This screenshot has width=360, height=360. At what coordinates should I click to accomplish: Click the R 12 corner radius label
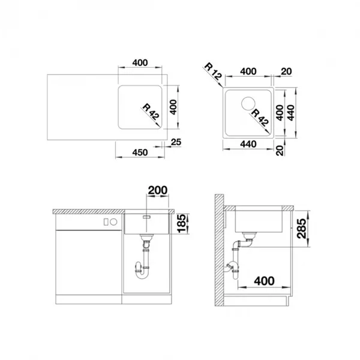pyautogui.click(x=213, y=71)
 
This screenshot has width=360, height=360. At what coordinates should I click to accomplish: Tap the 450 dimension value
pyautogui.click(x=140, y=152)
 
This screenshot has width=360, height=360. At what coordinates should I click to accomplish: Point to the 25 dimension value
pyautogui.click(x=176, y=142)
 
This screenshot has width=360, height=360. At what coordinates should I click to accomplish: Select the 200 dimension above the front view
pyautogui.click(x=157, y=190)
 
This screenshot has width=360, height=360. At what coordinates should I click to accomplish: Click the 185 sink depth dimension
pyautogui.click(x=182, y=223)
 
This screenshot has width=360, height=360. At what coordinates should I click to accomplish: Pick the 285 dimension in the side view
pyautogui.click(x=301, y=229)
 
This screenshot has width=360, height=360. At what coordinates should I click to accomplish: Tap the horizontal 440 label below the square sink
pyautogui.click(x=248, y=144)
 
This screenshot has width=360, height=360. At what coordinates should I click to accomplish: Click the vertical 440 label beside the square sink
pyautogui.click(x=290, y=113)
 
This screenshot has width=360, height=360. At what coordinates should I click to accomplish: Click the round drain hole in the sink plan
pyautogui.click(x=248, y=104)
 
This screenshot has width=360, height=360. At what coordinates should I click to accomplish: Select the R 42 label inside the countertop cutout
pyautogui.click(x=151, y=112)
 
